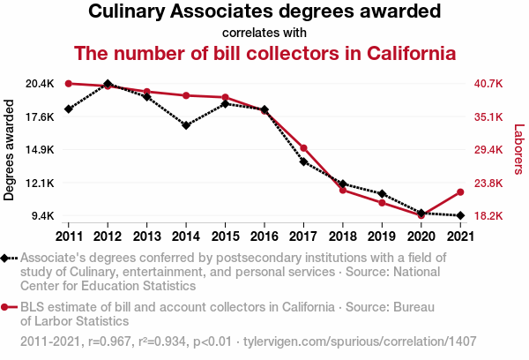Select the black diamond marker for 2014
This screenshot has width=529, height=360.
click(186, 125)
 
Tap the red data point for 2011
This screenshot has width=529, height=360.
click(69, 84)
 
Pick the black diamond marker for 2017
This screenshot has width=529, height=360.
click(303, 161)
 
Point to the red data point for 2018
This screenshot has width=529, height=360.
click(343, 190)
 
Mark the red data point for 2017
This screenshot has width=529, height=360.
click(303, 148)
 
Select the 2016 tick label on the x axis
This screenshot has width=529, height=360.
click(264, 236)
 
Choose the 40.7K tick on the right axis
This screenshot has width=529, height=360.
click(488, 84)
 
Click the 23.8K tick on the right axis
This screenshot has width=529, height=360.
click(488, 183)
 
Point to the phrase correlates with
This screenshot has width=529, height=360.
click(264, 33)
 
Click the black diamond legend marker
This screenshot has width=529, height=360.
click(6, 258)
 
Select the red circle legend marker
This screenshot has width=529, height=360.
click(6, 307)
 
